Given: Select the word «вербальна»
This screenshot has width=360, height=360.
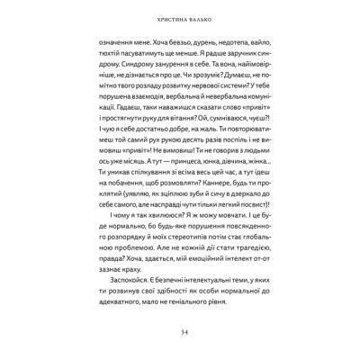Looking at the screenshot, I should pos(188,116).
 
